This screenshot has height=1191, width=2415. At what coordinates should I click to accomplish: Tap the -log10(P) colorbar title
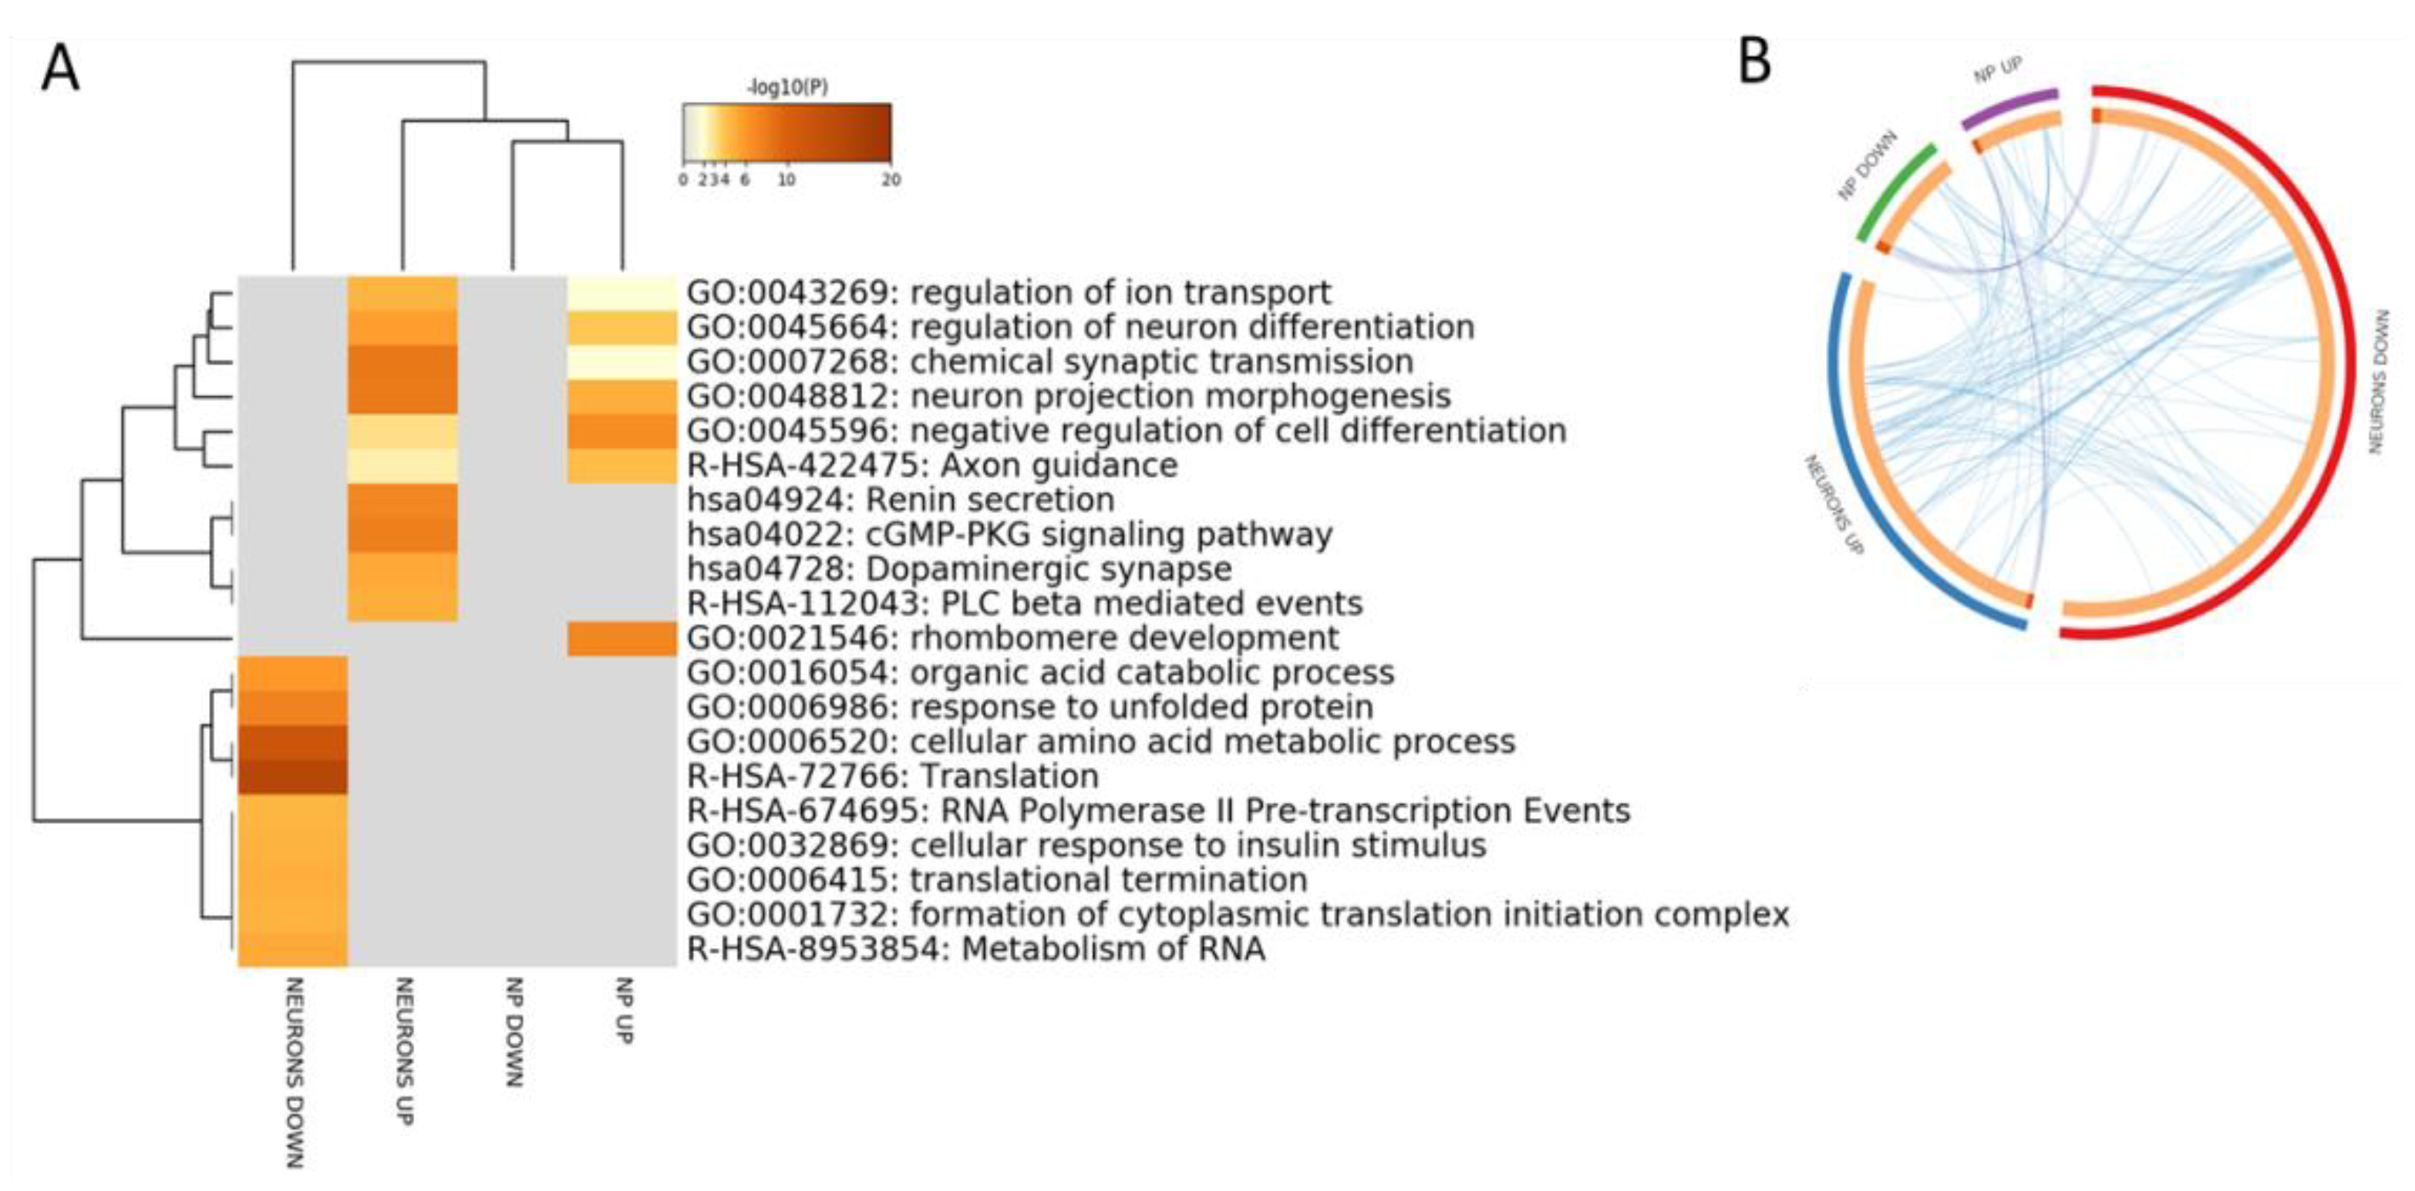[x=787, y=88]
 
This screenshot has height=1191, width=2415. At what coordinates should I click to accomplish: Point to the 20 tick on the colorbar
[x=891, y=179]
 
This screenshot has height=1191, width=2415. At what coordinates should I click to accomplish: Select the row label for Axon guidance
[x=932, y=465]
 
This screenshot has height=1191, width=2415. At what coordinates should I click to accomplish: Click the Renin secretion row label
[x=900, y=500]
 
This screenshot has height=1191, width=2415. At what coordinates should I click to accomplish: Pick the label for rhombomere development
[x=1012, y=638]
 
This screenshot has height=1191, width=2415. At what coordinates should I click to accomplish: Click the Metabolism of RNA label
[x=976, y=949]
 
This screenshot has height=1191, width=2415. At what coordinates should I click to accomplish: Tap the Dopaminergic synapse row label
[x=959, y=569]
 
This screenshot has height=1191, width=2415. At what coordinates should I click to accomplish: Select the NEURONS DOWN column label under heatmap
[x=294, y=1072]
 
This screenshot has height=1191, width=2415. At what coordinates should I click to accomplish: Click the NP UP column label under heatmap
[x=622, y=1011]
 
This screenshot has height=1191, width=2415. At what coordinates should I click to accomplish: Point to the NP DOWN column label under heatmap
[x=513, y=1031]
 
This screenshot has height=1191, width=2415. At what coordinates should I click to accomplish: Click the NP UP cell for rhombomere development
[x=621, y=638]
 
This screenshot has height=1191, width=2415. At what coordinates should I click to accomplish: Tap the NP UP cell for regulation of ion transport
[x=621, y=292]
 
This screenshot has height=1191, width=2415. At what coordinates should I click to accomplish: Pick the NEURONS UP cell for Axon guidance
[x=402, y=465]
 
